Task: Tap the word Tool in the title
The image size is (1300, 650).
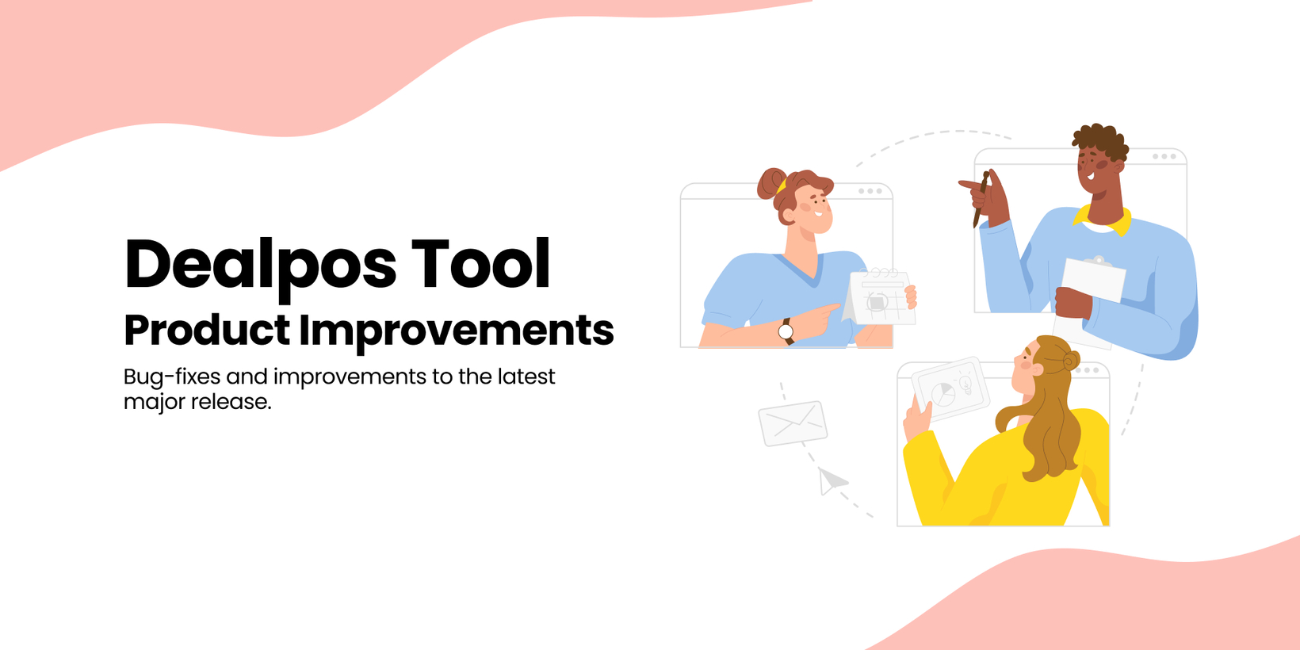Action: (480, 263)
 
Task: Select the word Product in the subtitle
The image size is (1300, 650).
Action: (207, 330)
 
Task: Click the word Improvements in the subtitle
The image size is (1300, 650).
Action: (457, 333)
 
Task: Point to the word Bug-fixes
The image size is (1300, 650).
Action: (172, 377)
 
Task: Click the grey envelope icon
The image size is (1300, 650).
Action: (793, 423)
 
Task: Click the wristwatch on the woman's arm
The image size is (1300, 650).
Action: (786, 331)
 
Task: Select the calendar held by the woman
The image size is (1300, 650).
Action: (878, 296)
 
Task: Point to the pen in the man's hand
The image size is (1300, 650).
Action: (981, 200)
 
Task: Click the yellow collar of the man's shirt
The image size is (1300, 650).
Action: (1103, 221)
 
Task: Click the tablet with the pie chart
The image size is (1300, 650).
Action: (950, 388)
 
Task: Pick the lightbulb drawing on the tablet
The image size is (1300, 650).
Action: (965, 383)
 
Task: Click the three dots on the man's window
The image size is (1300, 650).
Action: (1164, 157)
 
